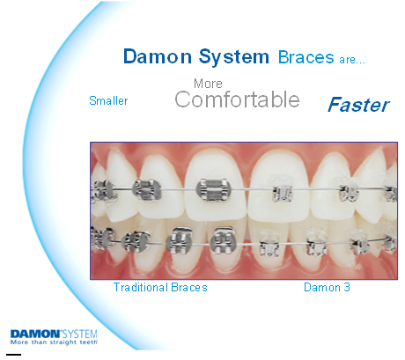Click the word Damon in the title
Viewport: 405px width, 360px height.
point(158,56)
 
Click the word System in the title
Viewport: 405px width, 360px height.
point(234,57)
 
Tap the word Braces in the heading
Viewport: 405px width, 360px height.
point(306,57)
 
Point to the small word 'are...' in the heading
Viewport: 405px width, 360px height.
point(352,60)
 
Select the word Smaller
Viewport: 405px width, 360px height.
point(108,100)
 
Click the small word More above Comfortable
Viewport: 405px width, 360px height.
point(208,84)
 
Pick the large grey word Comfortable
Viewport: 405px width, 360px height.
point(237,99)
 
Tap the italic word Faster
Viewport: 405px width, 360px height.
point(358,105)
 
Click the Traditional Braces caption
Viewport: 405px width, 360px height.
point(160,287)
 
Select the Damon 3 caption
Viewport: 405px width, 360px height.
point(327,287)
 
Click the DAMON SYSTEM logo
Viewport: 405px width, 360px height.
point(54,337)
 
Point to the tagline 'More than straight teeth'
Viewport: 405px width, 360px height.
point(54,342)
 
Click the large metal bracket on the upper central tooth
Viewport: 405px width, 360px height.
point(213,190)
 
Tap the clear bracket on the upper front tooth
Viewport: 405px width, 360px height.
point(282,190)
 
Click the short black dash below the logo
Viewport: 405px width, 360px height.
point(13,355)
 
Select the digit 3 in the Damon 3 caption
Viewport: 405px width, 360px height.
point(347,287)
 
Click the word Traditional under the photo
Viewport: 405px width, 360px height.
point(141,287)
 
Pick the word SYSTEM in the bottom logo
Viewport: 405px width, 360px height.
point(80,334)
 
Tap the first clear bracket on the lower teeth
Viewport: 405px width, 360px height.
point(269,244)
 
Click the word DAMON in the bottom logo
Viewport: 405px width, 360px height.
point(35,334)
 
